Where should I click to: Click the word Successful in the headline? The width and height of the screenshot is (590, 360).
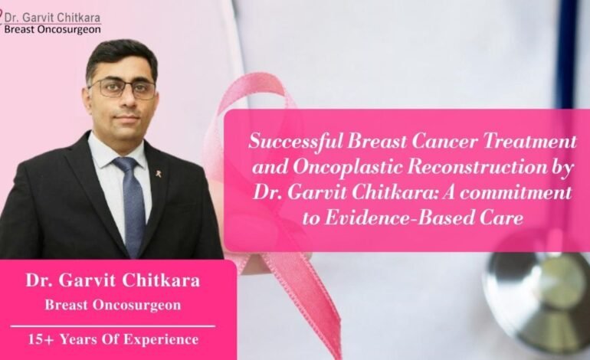pos(296,142)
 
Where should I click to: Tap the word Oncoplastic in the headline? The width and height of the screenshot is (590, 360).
pos(347,168)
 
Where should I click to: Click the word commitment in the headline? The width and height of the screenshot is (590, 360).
pos(516,192)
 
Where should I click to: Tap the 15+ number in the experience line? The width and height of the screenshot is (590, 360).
pos(41,339)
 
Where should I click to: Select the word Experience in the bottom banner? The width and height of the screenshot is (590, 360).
pos(161,339)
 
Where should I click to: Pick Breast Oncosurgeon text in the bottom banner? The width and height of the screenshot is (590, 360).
pos(113,305)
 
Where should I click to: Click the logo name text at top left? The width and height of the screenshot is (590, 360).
pos(52,18)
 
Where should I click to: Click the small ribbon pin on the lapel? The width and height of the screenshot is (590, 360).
pos(159,174)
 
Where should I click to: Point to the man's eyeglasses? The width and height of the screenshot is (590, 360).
pos(123,89)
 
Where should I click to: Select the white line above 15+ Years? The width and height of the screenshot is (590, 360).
pos(113,326)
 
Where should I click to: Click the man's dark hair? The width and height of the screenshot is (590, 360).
pos(120,57)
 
